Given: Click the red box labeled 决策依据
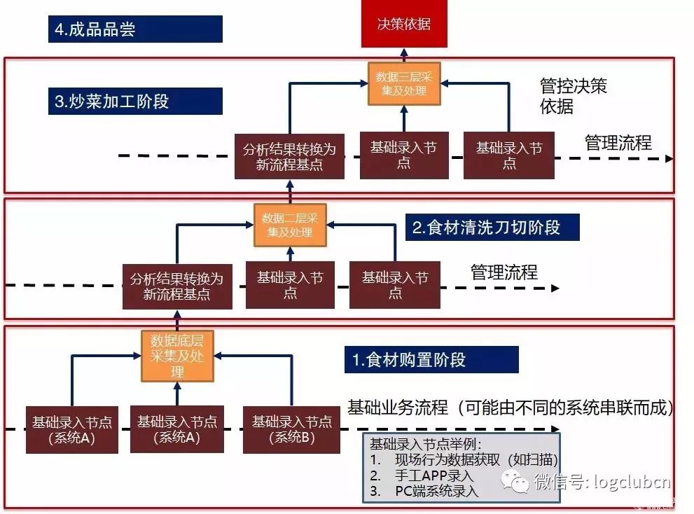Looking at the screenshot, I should (x=403, y=25).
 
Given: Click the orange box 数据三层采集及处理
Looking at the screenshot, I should (x=404, y=83).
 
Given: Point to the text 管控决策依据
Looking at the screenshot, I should (x=573, y=96).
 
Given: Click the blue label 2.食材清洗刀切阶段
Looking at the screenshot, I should (x=492, y=228).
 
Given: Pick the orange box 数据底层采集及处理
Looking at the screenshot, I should (x=177, y=356).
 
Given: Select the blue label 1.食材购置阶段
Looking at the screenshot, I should (x=431, y=360).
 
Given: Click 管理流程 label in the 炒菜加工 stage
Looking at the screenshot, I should (x=618, y=144).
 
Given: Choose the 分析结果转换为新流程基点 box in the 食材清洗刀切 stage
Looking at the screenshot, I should (x=176, y=286).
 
